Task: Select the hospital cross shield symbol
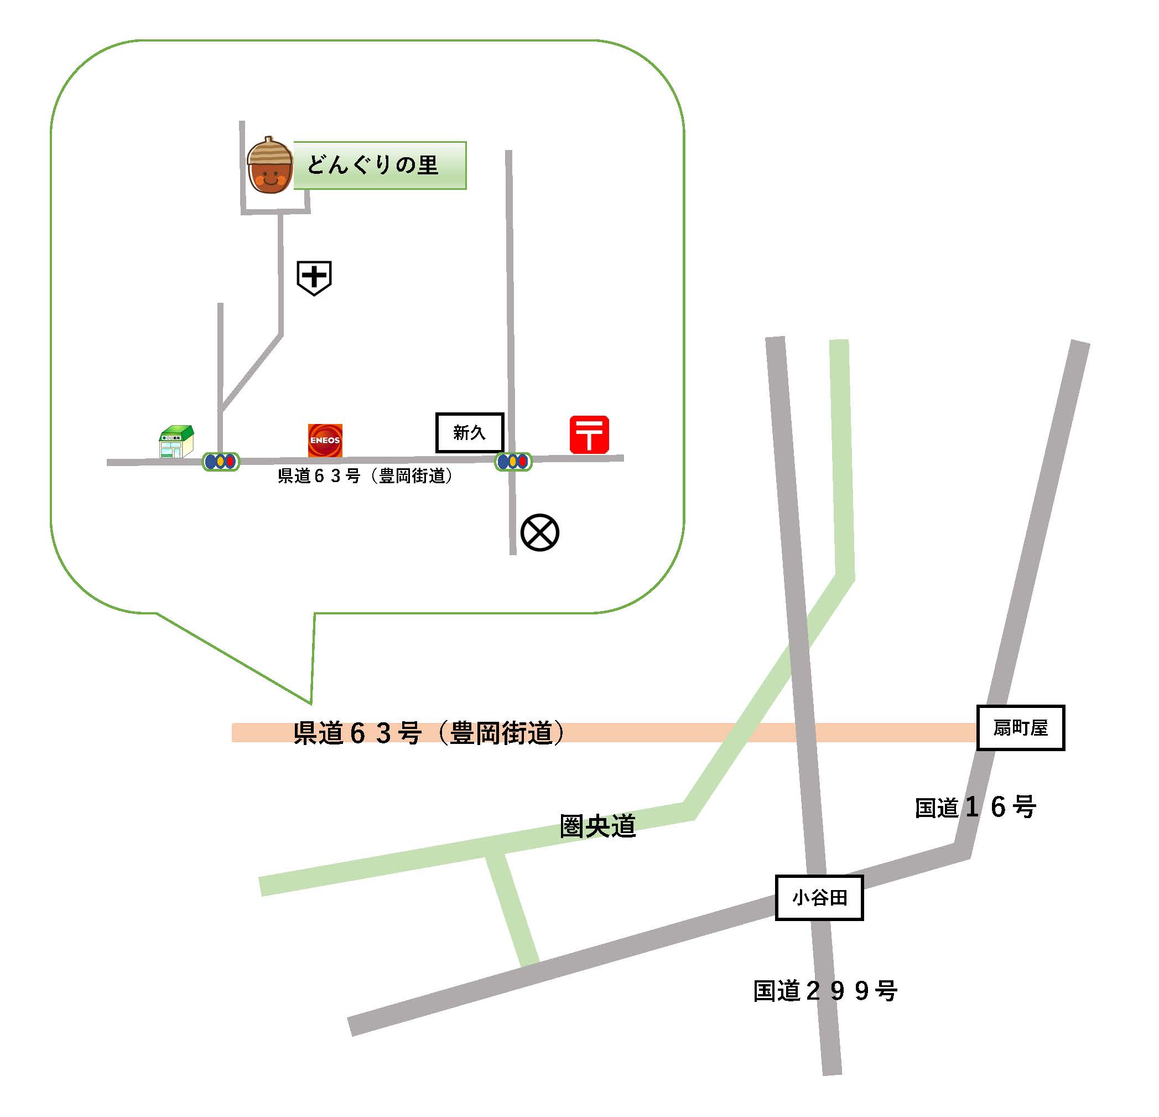click(314, 277)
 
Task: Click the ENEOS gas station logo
click(325, 440)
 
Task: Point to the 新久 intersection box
click(470, 433)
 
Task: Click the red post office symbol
click(589, 435)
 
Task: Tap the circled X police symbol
click(539, 532)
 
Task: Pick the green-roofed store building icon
click(176, 442)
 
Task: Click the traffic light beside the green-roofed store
click(221, 461)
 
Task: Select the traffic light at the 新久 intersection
click(513, 461)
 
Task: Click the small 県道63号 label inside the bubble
click(365, 476)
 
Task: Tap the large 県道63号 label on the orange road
click(429, 732)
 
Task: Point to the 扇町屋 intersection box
click(1020, 728)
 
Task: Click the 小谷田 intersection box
click(819, 898)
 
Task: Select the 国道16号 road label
click(975, 808)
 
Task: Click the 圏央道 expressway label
click(597, 826)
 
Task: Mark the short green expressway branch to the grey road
click(512, 908)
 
